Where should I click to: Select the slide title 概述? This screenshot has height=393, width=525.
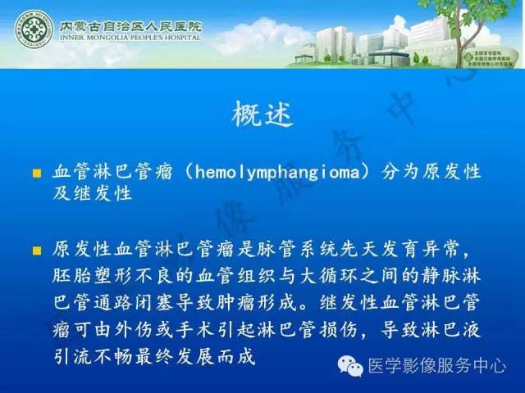coord(262,113)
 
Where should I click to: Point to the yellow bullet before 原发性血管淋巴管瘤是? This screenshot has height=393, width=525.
coord(36,249)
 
